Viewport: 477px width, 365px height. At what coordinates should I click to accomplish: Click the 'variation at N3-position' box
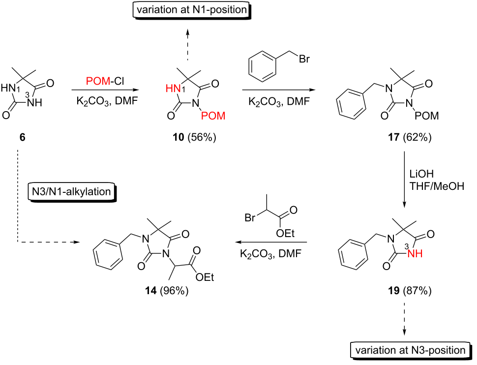(x=410, y=350)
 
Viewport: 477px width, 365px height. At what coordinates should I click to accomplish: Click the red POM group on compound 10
(x=214, y=116)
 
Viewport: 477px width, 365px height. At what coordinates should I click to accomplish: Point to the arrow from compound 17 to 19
(x=405, y=182)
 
